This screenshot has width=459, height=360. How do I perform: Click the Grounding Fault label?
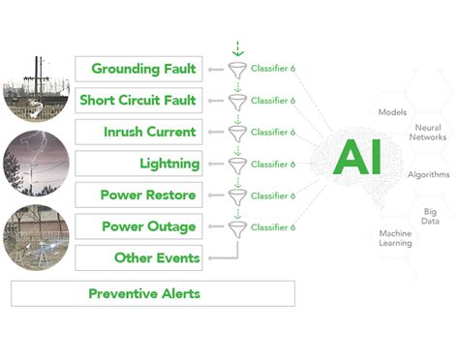(x=142, y=69)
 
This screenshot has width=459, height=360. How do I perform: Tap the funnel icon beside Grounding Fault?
(x=236, y=70)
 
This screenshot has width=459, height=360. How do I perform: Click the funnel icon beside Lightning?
(x=236, y=165)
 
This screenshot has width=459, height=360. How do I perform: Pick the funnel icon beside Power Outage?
(x=236, y=228)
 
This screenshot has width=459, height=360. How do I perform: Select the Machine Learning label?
(x=394, y=237)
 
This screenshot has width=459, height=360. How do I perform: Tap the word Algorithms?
(x=429, y=174)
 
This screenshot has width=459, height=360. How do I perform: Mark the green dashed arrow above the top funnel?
(x=237, y=46)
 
